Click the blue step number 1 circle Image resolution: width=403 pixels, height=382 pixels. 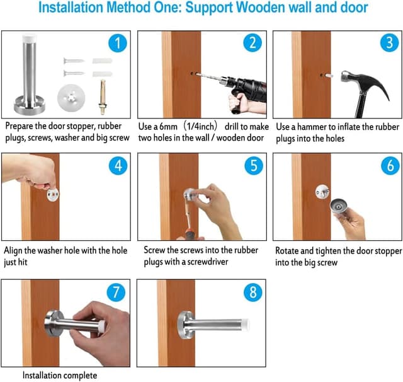(x=117, y=43)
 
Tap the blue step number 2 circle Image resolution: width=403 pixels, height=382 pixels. (x=252, y=43)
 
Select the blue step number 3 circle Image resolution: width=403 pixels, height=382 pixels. (x=389, y=43)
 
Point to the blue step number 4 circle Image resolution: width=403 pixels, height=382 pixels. (x=117, y=167)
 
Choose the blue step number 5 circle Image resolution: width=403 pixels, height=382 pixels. (x=252, y=167)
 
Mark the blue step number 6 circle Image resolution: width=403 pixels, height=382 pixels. (x=389, y=167)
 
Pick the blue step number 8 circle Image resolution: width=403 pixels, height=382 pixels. (x=252, y=292)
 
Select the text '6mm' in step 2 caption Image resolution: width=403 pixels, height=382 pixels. (x=174, y=127)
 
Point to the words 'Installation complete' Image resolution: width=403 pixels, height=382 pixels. (x=60, y=375)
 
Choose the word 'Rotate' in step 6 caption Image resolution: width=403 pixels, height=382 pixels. (x=288, y=250)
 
